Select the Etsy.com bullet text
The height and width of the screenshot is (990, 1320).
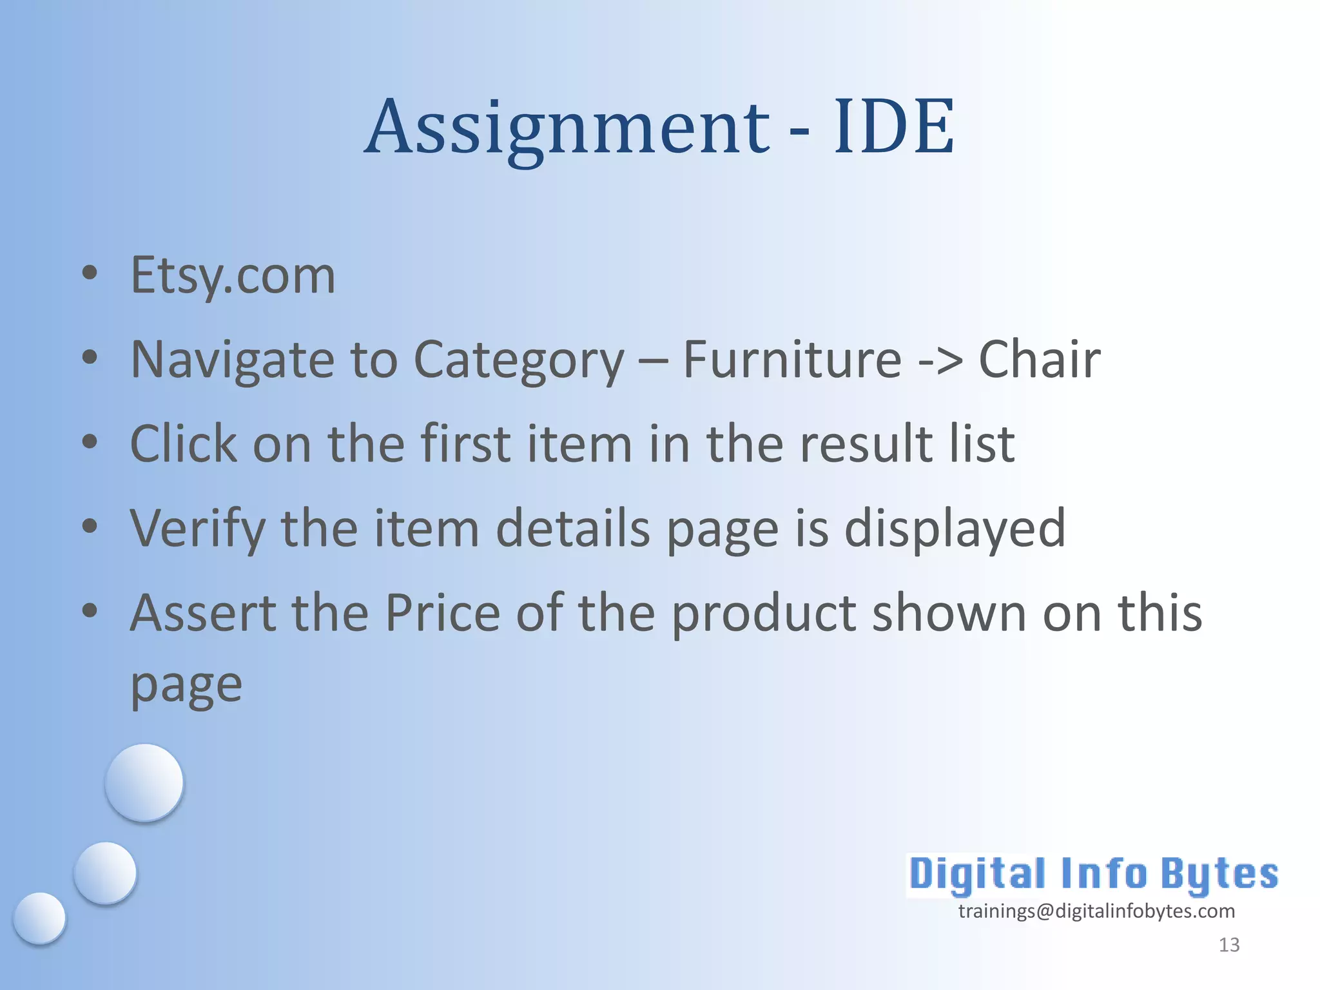coord(233,275)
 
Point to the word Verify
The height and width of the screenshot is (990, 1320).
coord(197,529)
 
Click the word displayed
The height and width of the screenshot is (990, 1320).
coord(955,529)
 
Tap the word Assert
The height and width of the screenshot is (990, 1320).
coord(202,613)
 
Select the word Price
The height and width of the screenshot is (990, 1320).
coord(443,613)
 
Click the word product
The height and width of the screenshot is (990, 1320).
coord(764,613)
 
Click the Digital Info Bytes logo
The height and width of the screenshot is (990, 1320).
coord(1093,875)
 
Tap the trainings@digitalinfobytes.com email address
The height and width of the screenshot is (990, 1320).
coord(1096,911)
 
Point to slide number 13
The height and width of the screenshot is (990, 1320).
coord(1229,945)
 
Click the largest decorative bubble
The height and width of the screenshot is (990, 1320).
coord(144,782)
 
